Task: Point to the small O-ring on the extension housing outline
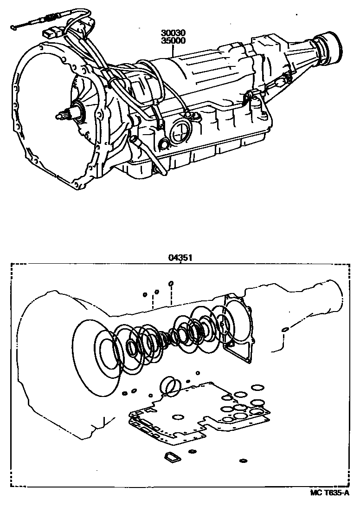(285, 330)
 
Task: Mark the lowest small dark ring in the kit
(243, 461)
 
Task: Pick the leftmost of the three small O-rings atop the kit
(145, 294)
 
